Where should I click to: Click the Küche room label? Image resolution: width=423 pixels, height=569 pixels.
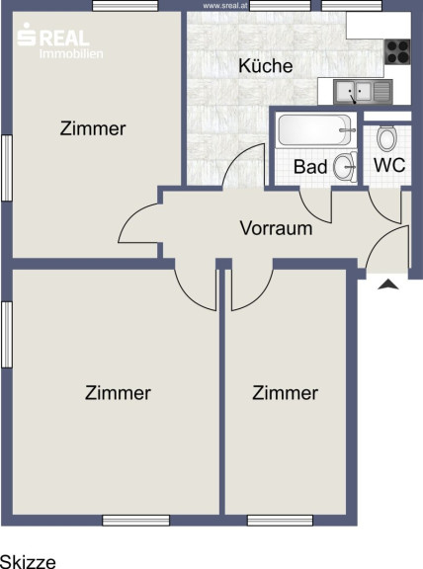tap(266, 66)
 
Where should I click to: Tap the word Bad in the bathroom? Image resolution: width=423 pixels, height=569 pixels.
tap(310, 167)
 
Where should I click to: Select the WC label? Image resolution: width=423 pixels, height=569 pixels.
tap(389, 165)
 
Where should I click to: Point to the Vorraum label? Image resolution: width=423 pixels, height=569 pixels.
tap(276, 228)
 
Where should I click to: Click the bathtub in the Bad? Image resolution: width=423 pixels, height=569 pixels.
tap(314, 129)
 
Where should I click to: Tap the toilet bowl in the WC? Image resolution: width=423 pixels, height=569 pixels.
tap(386, 138)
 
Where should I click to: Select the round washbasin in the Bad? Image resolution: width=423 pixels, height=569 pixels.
tap(344, 167)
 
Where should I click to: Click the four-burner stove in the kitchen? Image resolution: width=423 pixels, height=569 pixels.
tap(397, 52)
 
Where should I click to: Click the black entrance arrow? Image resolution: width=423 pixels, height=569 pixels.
tap(388, 284)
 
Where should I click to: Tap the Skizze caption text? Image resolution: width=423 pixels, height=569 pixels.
tap(28, 561)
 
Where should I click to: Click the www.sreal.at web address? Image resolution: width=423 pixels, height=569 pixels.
tap(225, 6)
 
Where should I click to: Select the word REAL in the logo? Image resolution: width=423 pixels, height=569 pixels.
tap(63, 39)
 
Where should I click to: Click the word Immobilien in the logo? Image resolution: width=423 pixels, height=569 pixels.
tap(71, 54)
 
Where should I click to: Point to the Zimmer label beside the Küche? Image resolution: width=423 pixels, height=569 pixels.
tap(93, 128)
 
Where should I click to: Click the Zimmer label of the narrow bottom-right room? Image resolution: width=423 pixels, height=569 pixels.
tap(285, 393)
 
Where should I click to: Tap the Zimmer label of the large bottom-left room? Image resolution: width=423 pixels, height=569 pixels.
tap(118, 393)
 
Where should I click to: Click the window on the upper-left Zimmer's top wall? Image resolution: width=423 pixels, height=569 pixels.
tap(125, 6)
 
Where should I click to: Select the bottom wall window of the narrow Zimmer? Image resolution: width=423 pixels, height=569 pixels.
tap(280, 520)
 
